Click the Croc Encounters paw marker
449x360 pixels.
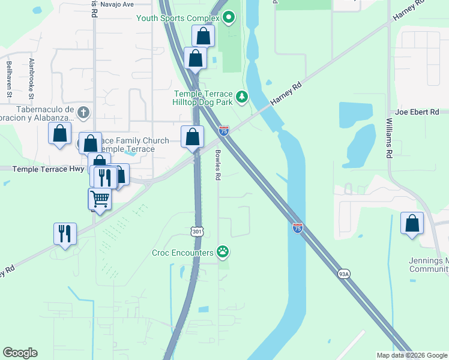point(223,251)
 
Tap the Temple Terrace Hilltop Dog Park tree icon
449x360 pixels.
point(242,97)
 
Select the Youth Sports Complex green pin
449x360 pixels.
point(228,18)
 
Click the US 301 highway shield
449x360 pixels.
point(198,231)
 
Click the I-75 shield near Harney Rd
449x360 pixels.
point(223,130)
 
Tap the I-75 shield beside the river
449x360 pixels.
point(298,227)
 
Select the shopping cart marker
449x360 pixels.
point(100,198)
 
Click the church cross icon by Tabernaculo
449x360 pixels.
point(83,112)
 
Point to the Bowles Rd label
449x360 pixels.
point(218,165)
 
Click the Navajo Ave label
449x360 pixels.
point(117,4)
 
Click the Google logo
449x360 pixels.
point(20,352)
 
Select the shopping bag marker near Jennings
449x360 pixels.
point(412,223)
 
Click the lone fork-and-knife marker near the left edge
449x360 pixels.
point(65,233)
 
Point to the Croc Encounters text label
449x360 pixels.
point(182,252)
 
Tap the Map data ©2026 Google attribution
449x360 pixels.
point(412,355)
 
